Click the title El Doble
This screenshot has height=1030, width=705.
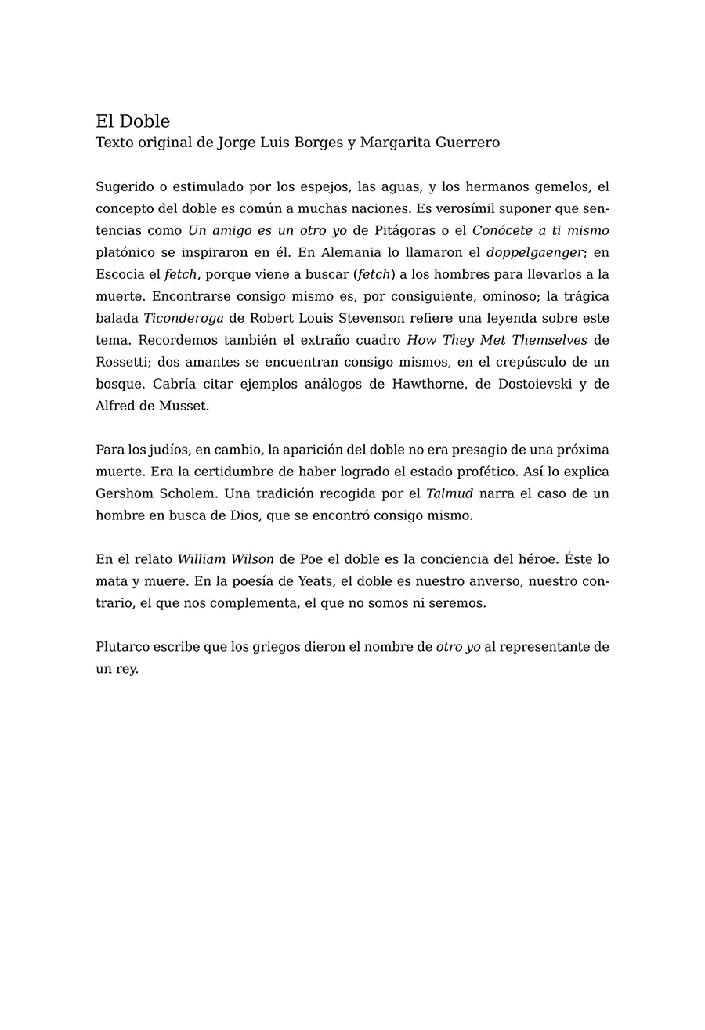tap(132, 121)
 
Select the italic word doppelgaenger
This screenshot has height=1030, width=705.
tap(535, 253)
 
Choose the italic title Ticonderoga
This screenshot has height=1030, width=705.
tap(183, 319)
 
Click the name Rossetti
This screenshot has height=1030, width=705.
tap(122, 363)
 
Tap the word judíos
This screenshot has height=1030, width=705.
tap(169, 450)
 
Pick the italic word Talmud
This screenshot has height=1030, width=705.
tap(450, 494)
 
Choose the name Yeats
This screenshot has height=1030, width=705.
tap(317, 582)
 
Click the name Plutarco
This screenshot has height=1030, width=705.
tap(123, 648)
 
